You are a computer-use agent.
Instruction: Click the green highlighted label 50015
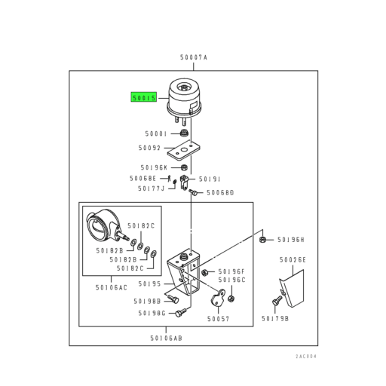[143, 98]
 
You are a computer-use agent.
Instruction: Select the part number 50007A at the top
[193, 58]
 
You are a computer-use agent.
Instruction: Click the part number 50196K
[153, 167]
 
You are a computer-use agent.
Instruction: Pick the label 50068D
[221, 193]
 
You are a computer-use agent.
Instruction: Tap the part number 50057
[216, 318]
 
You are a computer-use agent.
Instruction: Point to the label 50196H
[289, 240]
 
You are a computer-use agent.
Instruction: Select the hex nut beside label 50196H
[261, 240]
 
